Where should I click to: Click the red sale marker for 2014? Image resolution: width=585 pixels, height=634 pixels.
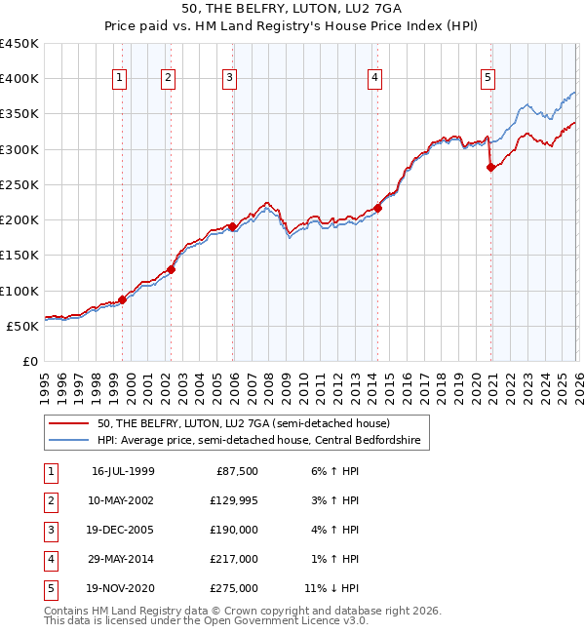click(x=378, y=208)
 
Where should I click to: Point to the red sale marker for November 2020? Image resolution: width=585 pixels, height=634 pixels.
click(x=490, y=167)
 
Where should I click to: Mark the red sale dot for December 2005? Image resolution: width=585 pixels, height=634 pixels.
click(x=233, y=227)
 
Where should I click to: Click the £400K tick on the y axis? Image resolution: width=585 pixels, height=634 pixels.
click(x=19, y=78)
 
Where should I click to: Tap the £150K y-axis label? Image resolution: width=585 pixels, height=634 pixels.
click(x=19, y=255)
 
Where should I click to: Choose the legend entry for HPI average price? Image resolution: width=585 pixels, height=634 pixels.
click(x=258, y=441)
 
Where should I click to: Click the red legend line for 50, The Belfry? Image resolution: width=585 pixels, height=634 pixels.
click(x=69, y=424)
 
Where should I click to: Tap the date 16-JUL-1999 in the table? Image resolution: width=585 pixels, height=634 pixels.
click(x=123, y=471)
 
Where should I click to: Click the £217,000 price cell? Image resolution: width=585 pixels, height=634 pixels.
click(x=233, y=559)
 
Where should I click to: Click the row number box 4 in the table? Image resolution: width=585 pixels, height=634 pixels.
click(x=50, y=559)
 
